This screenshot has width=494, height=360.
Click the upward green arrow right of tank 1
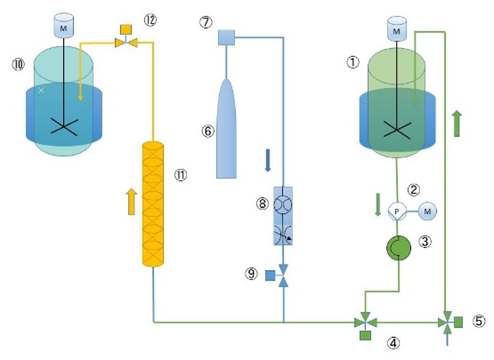(457, 122)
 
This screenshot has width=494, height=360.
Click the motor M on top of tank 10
(63, 26)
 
